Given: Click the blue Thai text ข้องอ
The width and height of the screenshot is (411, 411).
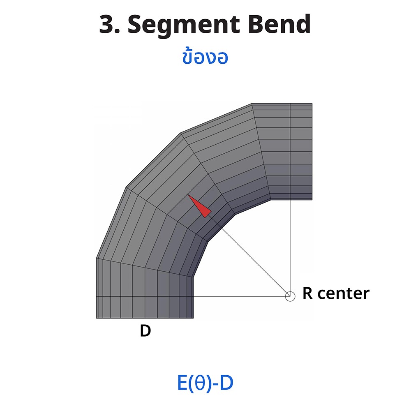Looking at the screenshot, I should click(x=205, y=58).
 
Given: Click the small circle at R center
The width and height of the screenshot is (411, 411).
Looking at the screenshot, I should click(x=290, y=296).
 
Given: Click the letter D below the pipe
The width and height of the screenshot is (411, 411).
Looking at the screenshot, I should click(x=145, y=331).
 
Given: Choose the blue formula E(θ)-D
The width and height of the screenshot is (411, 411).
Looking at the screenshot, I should click(x=205, y=383).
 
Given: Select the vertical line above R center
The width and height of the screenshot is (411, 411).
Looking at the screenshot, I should click(x=290, y=247).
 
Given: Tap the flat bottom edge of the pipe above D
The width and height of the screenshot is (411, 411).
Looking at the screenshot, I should click(x=145, y=318).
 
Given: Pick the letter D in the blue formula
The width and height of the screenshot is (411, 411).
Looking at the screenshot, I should click(x=226, y=383).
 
